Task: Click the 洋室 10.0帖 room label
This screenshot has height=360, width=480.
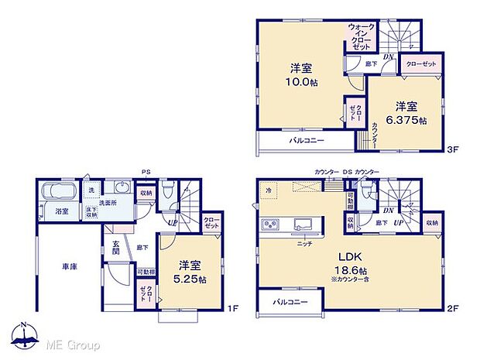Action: point(303,74)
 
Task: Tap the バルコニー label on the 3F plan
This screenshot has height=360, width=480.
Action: point(307,141)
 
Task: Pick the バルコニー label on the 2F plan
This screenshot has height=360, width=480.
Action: point(289,301)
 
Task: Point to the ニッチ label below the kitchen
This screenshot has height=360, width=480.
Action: point(304,243)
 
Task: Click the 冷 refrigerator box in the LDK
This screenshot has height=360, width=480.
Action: point(269,190)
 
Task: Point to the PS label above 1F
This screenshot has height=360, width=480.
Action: point(146,172)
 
